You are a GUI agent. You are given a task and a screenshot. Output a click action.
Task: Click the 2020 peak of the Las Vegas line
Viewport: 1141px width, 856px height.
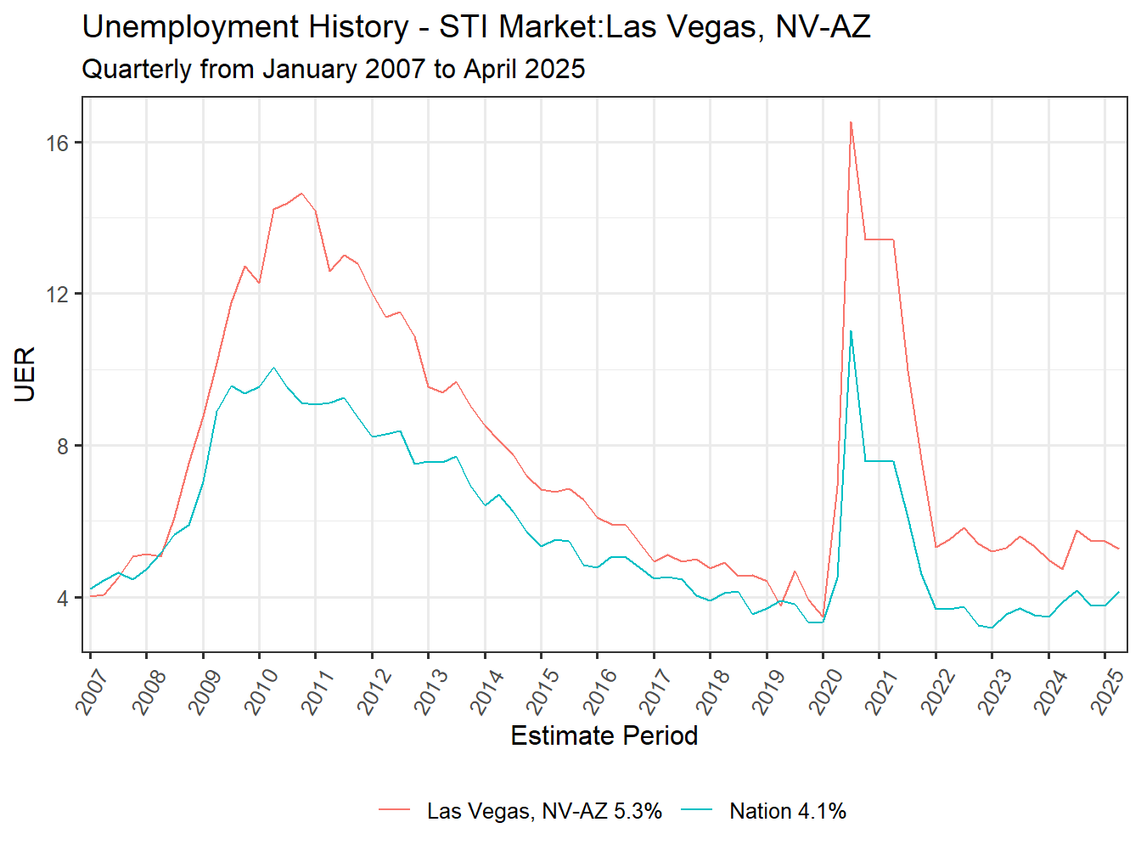tap(851, 122)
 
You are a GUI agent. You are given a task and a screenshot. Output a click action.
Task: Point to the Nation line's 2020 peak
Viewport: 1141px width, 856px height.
tap(851, 331)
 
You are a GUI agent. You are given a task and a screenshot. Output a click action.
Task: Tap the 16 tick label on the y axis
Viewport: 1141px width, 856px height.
tap(57, 143)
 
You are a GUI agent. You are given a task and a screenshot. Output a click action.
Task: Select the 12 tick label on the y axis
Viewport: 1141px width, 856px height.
tap(57, 295)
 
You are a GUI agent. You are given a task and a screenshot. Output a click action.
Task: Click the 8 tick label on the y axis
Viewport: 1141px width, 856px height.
tap(63, 446)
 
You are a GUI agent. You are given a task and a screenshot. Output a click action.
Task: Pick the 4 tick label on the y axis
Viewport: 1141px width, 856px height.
tap(63, 598)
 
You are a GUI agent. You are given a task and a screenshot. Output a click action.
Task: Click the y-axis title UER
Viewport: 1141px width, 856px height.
tap(25, 374)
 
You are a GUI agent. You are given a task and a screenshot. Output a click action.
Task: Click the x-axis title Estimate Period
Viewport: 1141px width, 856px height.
tap(604, 735)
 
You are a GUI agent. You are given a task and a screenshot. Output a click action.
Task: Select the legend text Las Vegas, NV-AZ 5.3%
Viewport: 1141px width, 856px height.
tap(544, 811)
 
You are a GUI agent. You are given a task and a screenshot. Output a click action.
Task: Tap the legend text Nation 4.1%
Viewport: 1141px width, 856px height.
tap(788, 811)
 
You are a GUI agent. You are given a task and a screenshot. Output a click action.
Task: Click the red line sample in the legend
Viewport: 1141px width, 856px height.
tap(394, 811)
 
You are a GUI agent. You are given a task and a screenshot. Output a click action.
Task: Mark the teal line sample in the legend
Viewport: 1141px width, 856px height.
tap(697, 811)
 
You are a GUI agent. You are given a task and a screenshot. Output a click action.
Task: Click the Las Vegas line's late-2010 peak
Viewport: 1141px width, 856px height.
tap(301, 193)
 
